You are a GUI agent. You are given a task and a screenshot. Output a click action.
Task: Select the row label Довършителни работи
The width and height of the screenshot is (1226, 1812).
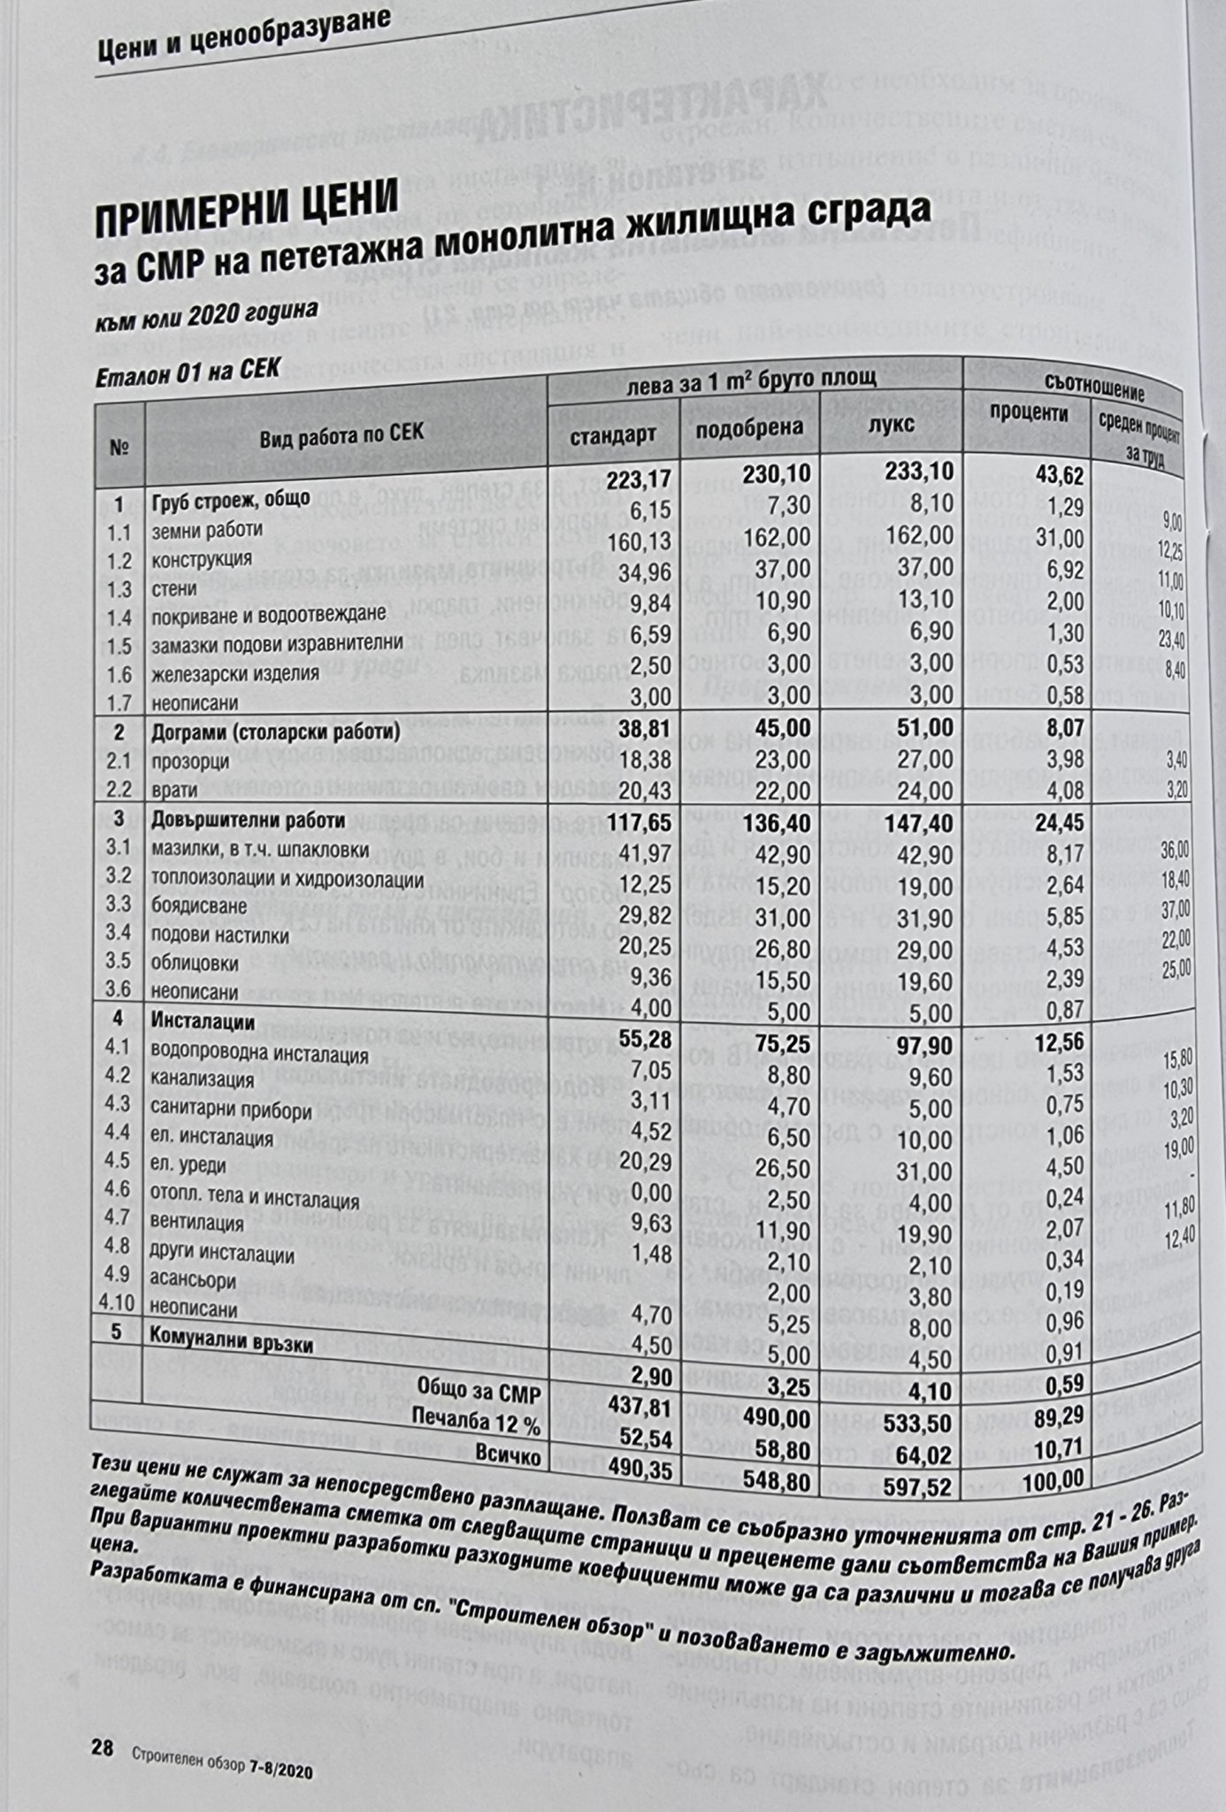245,819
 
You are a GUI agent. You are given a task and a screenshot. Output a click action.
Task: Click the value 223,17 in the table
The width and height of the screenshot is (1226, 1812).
640,480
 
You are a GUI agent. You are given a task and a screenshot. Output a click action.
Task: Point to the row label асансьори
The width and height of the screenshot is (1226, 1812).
194,1279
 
